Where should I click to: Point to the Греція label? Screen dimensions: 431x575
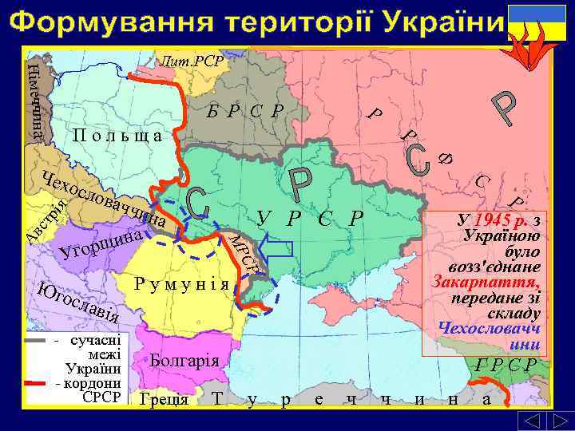pos(163,398)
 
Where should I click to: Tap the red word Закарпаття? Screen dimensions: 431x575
pos(486,283)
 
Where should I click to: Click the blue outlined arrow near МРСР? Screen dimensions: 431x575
pos(280,247)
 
